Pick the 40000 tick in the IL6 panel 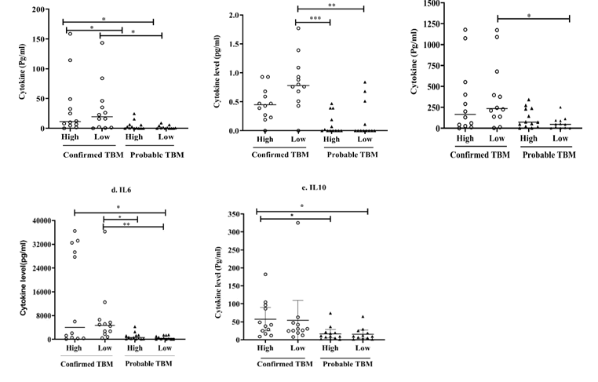(41, 220)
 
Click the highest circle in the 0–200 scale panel (70, 33)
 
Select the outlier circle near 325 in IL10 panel (298, 223)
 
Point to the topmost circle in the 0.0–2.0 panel (298, 28)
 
